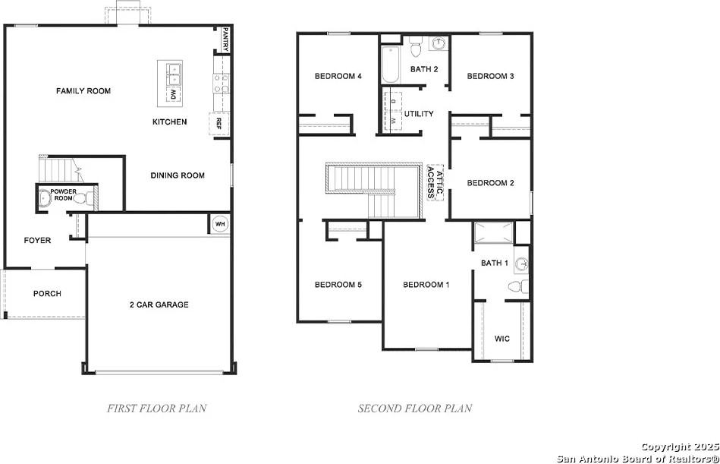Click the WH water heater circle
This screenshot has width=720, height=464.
click(221, 224)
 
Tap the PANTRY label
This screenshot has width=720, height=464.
click(225, 39)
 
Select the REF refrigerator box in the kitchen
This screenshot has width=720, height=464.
click(219, 124)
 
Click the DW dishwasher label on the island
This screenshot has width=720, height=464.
click(173, 95)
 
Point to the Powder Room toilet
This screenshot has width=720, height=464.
click(83, 199)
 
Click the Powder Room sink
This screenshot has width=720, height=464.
click(44, 198)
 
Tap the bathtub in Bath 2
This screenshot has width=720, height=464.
click(391, 64)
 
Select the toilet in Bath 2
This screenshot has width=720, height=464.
click(416, 47)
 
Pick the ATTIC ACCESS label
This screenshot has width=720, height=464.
click(435, 182)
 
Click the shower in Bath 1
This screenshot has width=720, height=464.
click(494, 232)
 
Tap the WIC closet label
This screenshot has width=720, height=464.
click(502, 339)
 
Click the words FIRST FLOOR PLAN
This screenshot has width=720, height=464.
click(157, 408)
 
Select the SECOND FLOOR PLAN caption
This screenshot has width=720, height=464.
click(415, 408)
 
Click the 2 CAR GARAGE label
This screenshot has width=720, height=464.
click(159, 305)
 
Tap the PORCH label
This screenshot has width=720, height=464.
click(47, 294)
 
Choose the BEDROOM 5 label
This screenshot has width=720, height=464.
click(338, 285)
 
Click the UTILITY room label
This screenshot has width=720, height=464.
click(419, 113)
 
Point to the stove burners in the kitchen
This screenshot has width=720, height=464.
click(221, 83)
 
